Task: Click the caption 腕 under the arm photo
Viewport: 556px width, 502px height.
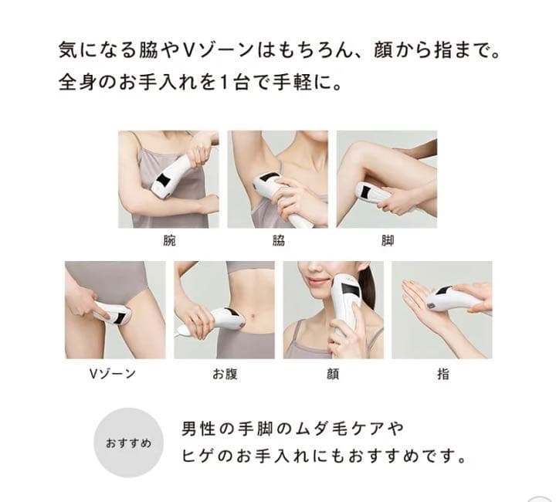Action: click(x=170, y=241)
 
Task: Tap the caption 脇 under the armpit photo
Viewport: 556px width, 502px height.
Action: click(x=278, y=241)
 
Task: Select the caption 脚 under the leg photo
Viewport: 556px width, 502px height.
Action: click(x=388, y=241)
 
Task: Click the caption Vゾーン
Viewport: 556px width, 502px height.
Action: click(x=113, y=374)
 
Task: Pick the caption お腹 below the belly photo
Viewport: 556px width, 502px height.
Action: click(x=224, y=374)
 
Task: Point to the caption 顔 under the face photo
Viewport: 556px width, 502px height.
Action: click(x=333, y=374)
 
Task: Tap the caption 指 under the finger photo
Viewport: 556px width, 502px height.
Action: click(x=442, y=374)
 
